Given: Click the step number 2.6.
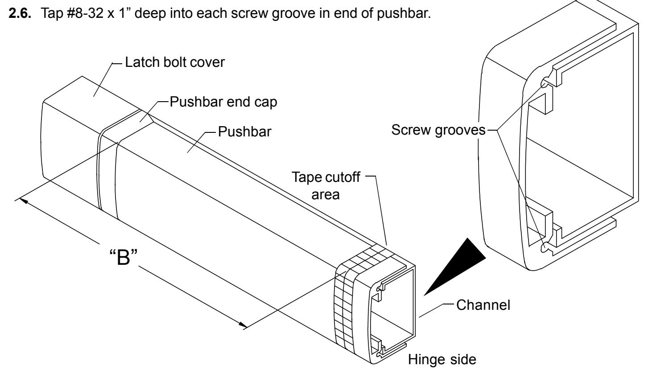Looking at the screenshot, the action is (20, 13).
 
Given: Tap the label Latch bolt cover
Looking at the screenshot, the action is (175, 62).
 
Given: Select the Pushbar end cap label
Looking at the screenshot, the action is (223, 102).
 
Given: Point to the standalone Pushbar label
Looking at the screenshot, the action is (244, 132).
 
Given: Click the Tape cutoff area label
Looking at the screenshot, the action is (326, 186).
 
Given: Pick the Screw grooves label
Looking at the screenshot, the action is (438, 130).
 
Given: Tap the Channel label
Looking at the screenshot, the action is (483, 305).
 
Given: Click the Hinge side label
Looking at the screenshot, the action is (442, 360).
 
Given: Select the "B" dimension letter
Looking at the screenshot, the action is (123, 257).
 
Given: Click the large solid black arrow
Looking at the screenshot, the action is (454, 267).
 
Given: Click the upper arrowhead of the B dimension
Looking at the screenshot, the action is (24, 201).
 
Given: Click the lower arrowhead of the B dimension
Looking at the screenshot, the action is (243, 325).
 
